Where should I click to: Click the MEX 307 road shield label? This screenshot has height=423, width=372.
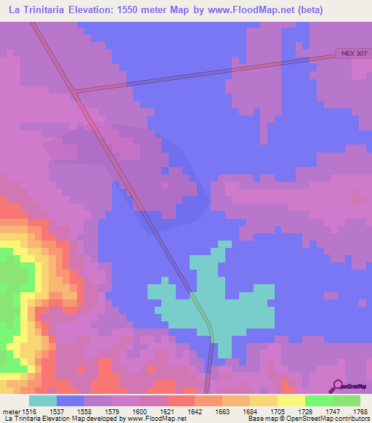(x=353, y=54)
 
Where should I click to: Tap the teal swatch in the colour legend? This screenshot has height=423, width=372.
(x=43, y=400)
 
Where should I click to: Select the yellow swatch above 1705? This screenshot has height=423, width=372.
(x=263, y=400)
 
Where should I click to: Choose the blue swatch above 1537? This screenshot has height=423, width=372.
(x=70, y=400)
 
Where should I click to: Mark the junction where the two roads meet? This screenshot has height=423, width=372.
(x=76, y=92)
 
